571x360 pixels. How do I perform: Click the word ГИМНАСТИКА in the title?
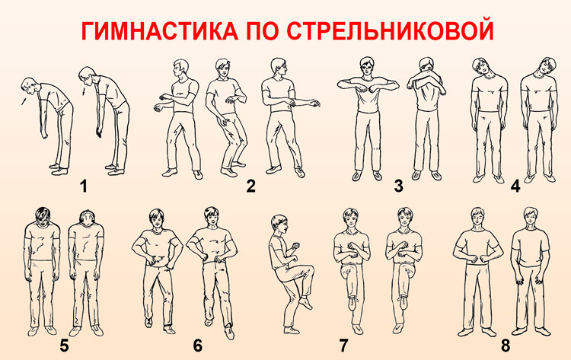pyautogui.click(x=158, y=31)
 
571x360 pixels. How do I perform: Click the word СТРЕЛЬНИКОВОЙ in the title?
pyautogui.click(x=390, y=31)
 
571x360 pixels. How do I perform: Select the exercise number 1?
pyautogui.click(x=84, y=186)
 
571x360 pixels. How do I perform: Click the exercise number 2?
pyautogui.click(x=251, y=186)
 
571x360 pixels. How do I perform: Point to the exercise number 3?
pyautogui.click(x=398, y=186)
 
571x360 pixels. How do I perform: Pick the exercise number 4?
pyautogui.click(x=515, y=186)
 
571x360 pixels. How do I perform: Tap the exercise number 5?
pyautogui.click(x=64, y=346)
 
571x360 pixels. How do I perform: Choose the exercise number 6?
pyautogui.click(x=197, y=346)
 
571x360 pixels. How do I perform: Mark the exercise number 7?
pyautogui.click(x=343, y=346)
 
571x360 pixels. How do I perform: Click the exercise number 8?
pyautogui.click(x=506, y=346)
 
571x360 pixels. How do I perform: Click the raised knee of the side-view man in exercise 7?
pyautogui.click(x=309, y=271)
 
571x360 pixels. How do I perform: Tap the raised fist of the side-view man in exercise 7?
pyautogui.click(x=297, y=244)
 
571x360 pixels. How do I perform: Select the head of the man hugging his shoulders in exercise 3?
pyautogui.click(x=426, y=65)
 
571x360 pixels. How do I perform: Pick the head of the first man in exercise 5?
pyautogui.click(x=43, y=217)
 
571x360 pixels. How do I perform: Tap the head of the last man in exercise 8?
pyautogui.click(x=531, y=217)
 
